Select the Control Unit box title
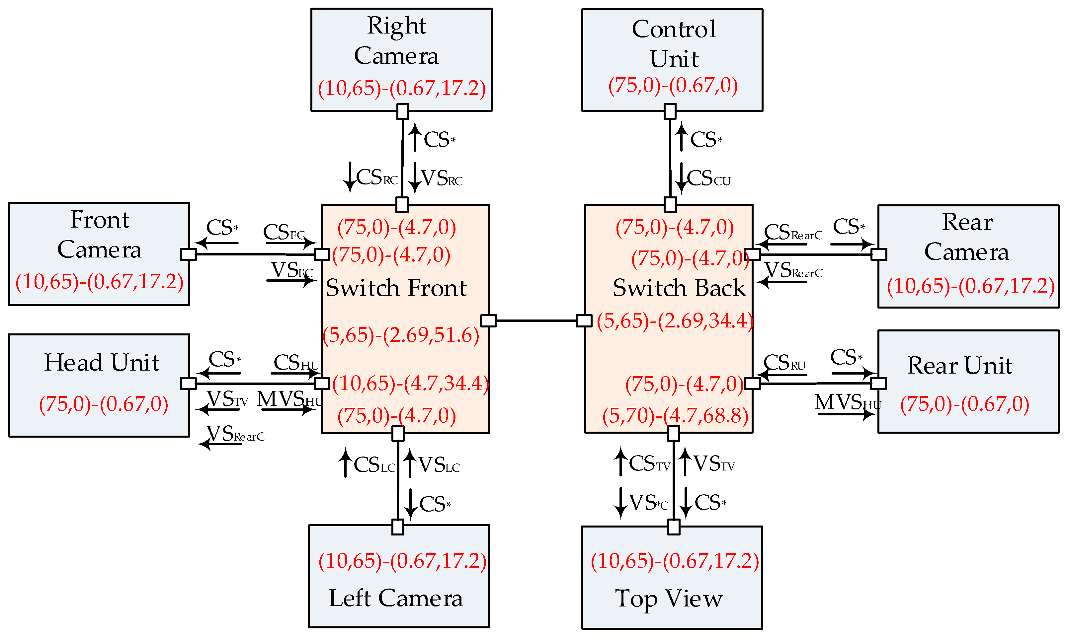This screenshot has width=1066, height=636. pos(674,44)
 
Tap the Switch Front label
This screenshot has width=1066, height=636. pos(396,288)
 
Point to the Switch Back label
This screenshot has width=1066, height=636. pos(679,288)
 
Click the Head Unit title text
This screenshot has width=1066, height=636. pos(102,363)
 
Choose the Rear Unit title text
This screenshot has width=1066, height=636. pos(959,366)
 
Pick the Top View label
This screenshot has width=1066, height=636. pos(669,599)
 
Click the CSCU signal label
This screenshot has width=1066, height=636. pos(708,178)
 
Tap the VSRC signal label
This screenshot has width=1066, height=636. pos(441,178)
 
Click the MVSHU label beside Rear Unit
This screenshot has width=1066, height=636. pos(847,403)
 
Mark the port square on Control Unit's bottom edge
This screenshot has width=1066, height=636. pos(670,111)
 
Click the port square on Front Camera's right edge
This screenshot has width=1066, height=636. pos(188,254)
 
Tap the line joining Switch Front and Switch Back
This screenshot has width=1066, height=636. pos(536,320)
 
